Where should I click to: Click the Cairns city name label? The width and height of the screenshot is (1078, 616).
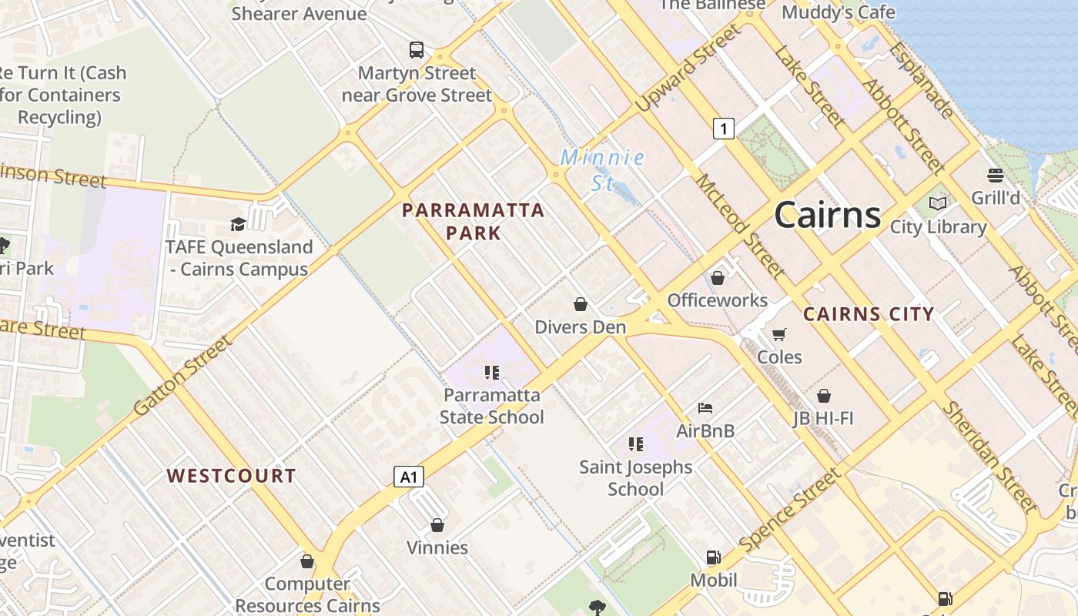pos(827,214)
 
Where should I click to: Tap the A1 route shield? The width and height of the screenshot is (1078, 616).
pos(409,477)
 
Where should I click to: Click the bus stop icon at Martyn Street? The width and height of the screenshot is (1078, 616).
pos(417,50)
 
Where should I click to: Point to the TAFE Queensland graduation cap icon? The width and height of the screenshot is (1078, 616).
pos(238,224)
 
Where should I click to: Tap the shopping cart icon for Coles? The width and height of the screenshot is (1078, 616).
pos(779,334)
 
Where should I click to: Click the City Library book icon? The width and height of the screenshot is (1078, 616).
pos(937,204)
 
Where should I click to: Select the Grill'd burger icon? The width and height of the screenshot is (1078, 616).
pos(995,176)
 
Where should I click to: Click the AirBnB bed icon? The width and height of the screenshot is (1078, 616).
pos(705,407)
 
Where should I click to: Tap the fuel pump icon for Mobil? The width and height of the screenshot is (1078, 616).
pos(714,557)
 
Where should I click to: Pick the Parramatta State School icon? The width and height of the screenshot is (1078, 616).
pos(492,373)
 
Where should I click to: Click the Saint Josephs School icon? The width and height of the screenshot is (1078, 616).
pos(635,444)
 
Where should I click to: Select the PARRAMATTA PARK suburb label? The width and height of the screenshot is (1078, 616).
pos(473,221)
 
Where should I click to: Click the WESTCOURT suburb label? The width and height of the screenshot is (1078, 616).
pos(231,476)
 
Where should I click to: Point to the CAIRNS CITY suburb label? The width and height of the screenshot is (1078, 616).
pos(868,314)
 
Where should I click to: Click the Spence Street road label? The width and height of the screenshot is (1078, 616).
pos(790,511)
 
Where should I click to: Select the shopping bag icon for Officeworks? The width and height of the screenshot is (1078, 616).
pos(718,278)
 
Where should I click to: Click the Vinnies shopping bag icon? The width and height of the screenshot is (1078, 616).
pos(437,525)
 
